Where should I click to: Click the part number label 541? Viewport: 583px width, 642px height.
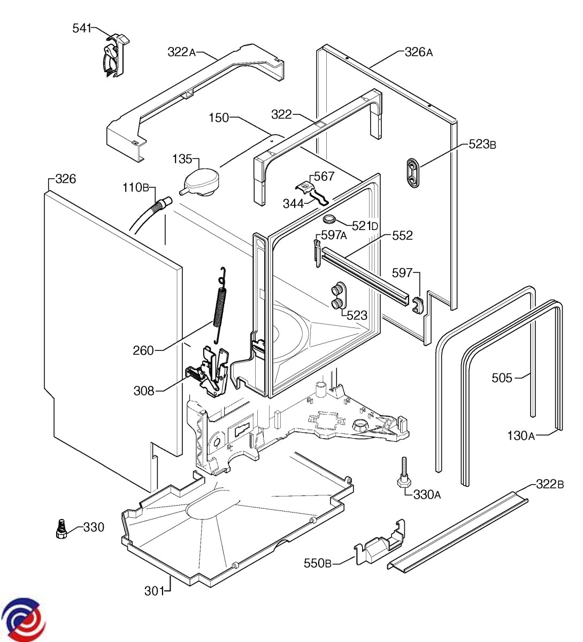[x=82, y=28]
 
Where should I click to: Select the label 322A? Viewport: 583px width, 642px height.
[x=181, y=52]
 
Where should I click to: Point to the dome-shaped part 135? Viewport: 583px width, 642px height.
[x=201, y=183]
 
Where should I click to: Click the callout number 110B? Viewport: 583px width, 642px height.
[x=136, y=188]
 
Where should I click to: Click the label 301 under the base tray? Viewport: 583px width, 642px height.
[x=154, y=591]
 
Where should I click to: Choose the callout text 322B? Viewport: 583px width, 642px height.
[x=550, y=485]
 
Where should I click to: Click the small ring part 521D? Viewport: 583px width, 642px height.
[x=328, y=219]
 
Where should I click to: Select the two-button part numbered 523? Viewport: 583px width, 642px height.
[x=337, y=295]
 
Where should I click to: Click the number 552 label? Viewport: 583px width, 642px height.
[x=402, y=235]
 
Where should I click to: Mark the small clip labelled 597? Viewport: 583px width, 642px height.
[x=417, y=305]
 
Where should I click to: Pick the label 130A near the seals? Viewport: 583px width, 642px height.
[x=521, y=435]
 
